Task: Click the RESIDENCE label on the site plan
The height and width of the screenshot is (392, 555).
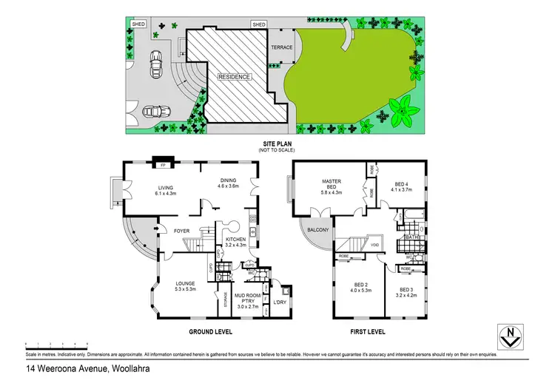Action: [235, 76]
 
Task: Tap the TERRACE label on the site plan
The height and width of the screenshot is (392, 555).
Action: [282, 48]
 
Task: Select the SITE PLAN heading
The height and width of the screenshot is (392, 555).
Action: [274, 143]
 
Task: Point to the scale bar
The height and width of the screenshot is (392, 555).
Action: [56, 345]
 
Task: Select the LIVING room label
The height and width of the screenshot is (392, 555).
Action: [165, 188]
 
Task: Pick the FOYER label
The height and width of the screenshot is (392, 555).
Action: [182, 232]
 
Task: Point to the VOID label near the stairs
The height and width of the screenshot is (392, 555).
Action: [375, 245]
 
